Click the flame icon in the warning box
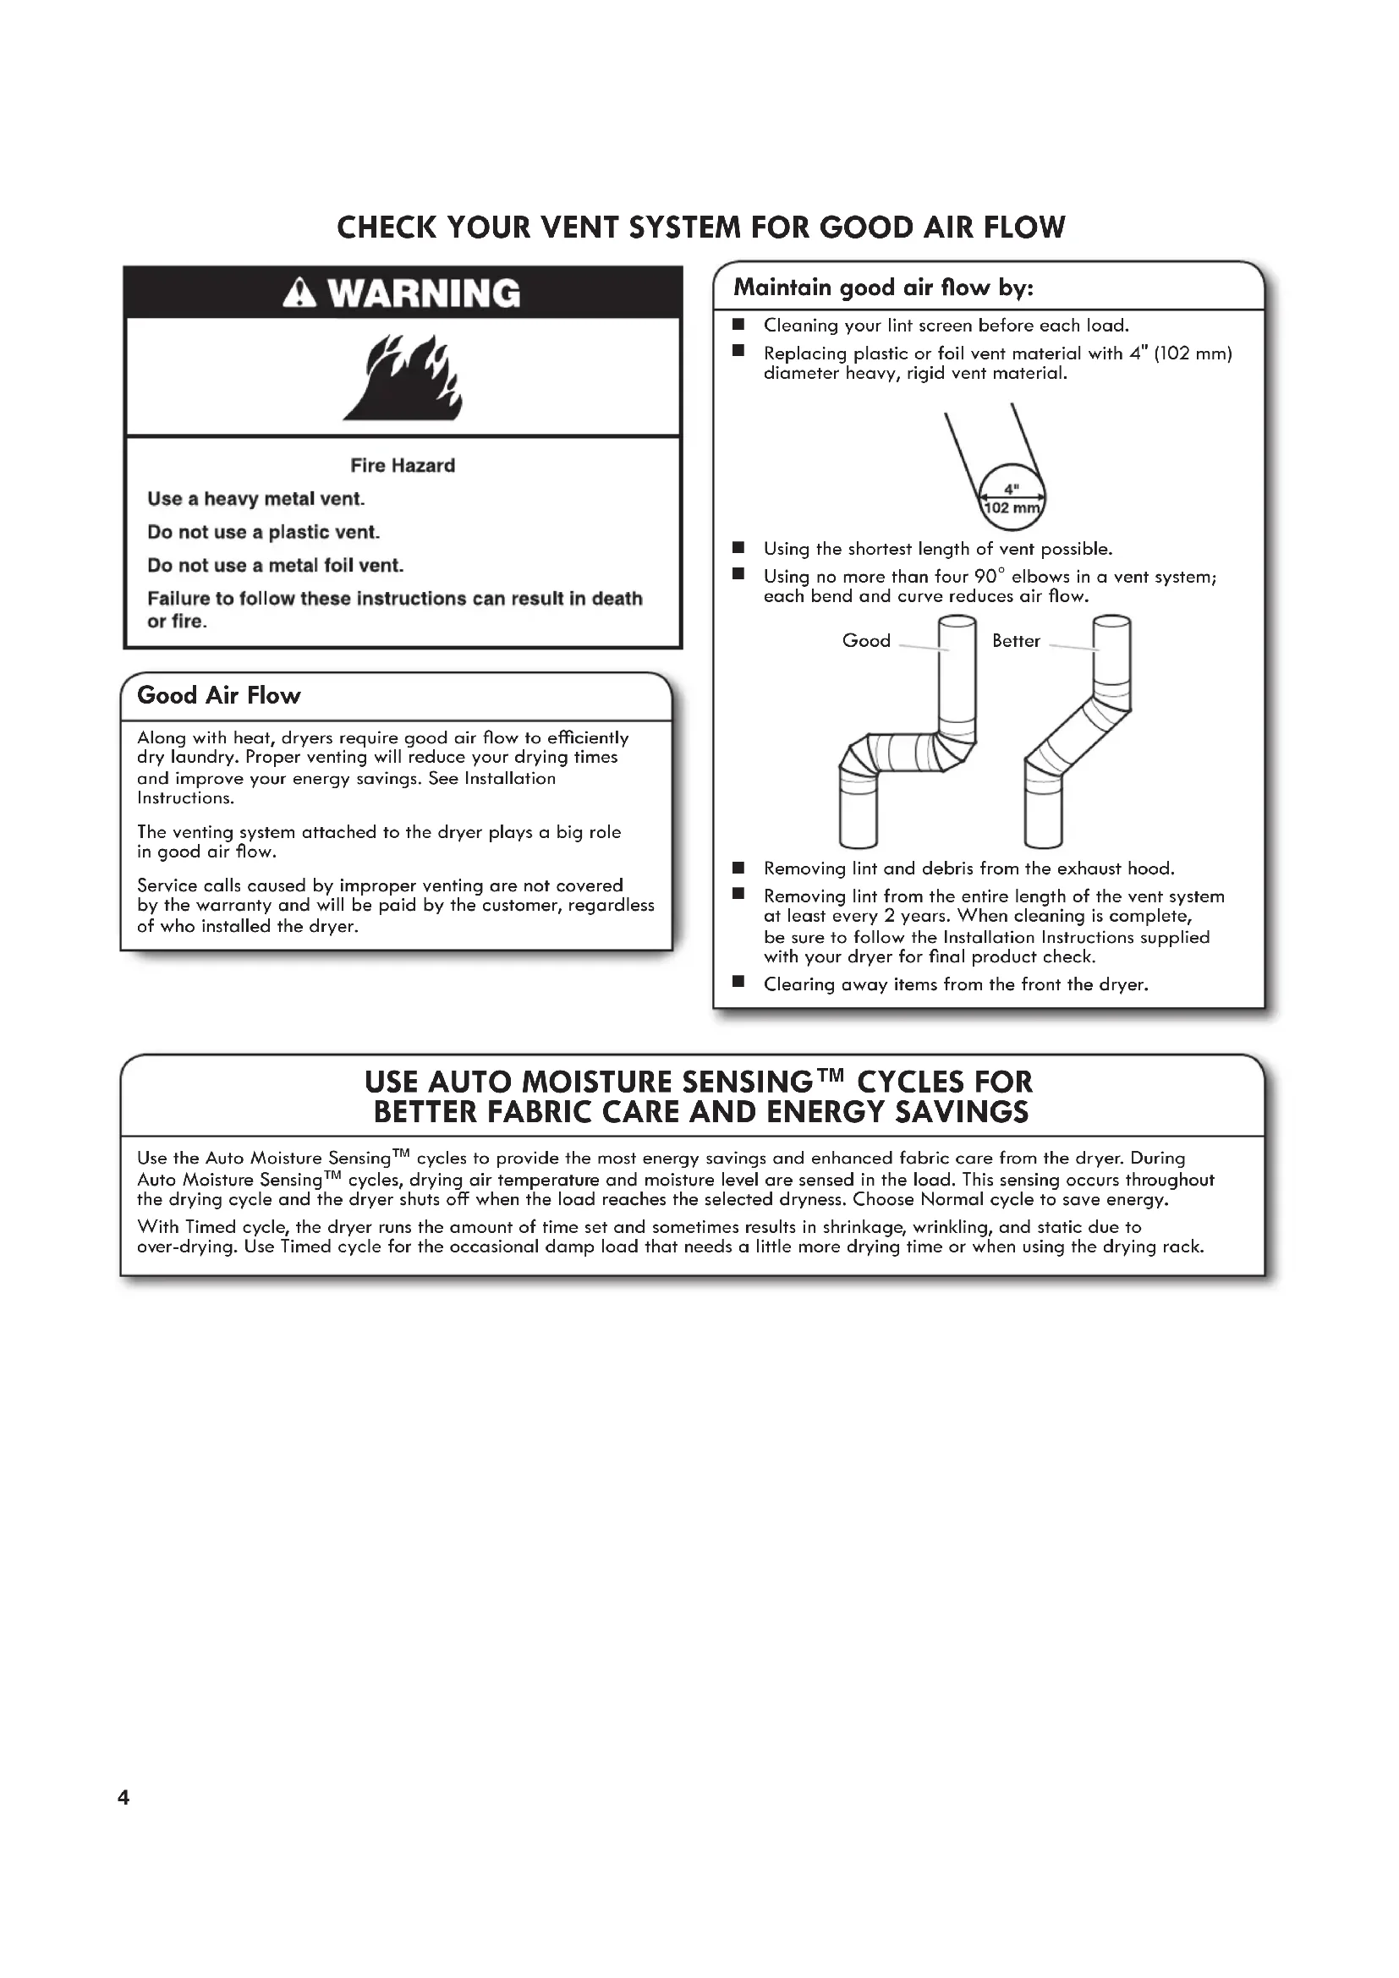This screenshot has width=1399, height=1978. click(x=404, y=377)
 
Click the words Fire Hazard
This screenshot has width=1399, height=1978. click(x=403, y=465)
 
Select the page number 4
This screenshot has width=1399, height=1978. click(x=123, y=1797)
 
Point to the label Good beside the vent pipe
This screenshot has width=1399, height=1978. click(x=866, y=641)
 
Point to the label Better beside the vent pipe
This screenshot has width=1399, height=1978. click(x=1016, y=641)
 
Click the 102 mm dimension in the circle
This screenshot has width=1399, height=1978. click(x=1012, y=508)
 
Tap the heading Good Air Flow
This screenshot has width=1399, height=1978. click(x=219, y=695)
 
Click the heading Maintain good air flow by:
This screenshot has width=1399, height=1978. click(x=883, y=288)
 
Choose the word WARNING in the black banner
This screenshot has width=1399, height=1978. click(x=424, y=293)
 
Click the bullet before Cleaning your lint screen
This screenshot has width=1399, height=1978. click(x=738, y=325)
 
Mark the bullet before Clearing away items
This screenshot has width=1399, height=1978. click(x=738, y=982)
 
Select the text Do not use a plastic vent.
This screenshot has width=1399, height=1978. click(x=264, y=533)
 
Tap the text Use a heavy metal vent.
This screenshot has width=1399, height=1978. click(x=255, y=499)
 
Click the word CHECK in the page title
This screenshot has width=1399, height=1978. click(x=386, y=227)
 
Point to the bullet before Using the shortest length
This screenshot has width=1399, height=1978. click(x=738, y=548)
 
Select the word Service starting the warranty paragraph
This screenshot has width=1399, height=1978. click(x=166, y=885)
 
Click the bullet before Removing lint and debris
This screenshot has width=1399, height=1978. click(x=738, y=868)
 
